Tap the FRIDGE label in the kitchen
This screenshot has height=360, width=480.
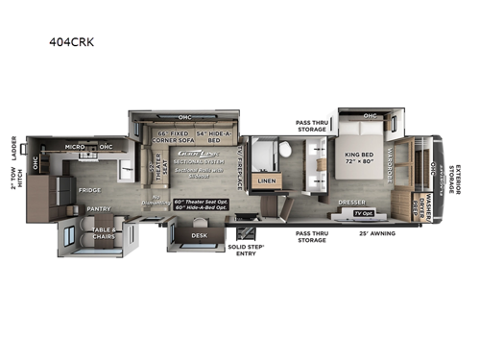[90, 190]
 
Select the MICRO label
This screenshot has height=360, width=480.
[76, 147]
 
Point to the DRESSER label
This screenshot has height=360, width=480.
[349, 203]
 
